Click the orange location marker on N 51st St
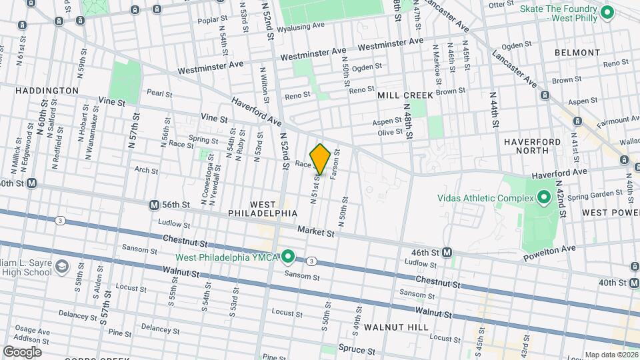tap(320, 159)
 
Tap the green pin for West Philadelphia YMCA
tap(288, 256)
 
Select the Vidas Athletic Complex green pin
tap(543, 198)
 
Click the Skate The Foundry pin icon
tap(607, 12)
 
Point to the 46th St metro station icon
tap(447, 253)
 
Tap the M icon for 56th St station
tap(154, 205)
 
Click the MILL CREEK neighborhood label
tap(405, 95)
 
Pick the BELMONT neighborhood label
tap(577, 52)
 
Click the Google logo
tap(22, 351)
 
